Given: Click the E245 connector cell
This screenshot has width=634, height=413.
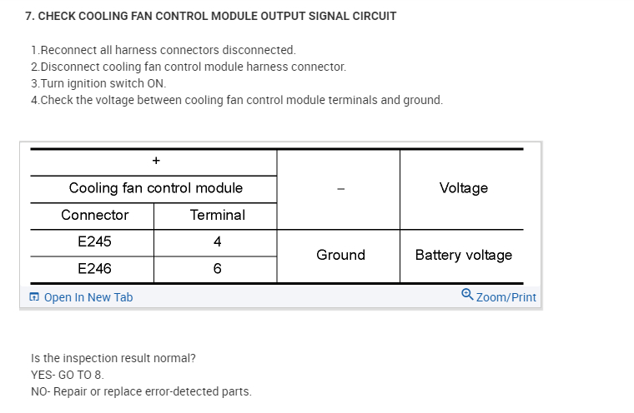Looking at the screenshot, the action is point(94,241).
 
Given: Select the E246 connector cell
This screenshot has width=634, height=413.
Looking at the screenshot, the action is point(94,269).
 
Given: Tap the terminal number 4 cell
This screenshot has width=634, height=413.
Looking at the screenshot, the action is point(217,241).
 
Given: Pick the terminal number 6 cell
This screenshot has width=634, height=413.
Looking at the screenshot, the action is point(217,269).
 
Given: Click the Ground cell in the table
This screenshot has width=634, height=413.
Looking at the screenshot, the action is point(340,255).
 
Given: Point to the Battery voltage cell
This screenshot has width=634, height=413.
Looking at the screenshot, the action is point(463,255).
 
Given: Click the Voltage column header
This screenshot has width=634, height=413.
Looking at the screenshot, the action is point(463,188).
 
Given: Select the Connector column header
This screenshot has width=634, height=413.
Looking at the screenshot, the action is point(94,215).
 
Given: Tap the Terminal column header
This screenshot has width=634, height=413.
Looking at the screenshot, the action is point(217,215).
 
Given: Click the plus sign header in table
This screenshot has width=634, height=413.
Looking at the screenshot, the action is point(156,161).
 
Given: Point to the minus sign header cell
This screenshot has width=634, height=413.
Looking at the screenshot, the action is point(340,188).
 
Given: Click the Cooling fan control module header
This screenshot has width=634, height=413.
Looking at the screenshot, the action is point(156,188).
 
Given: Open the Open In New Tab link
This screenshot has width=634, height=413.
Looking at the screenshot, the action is point(88,297).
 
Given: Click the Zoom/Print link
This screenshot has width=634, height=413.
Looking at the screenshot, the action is point(506,297).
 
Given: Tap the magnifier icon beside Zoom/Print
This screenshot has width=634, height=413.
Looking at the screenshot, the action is point(467,295).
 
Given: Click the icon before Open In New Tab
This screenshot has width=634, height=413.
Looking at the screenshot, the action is point(34,297).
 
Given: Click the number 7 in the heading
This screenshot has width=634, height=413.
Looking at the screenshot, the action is point(28,16).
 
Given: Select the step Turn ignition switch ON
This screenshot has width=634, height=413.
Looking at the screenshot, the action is point(98,83).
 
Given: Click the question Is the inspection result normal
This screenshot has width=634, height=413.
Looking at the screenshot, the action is point(113,358).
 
